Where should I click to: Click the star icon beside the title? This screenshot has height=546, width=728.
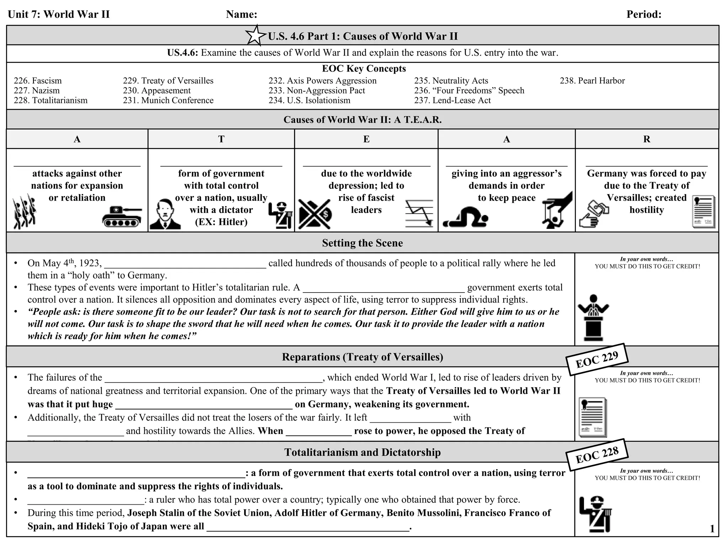pos(256,36)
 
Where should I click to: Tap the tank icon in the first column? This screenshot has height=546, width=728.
pos(122,216)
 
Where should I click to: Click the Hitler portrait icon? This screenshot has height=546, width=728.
pos(165,214)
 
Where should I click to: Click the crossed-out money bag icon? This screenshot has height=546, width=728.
pos(315,214)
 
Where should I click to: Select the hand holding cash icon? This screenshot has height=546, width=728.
pos(593,214)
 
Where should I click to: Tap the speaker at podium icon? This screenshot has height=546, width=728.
pos(593,317)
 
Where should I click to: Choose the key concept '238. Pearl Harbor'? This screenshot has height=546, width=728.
pos(592,81)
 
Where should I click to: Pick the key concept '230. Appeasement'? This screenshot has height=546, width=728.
pos(157,91)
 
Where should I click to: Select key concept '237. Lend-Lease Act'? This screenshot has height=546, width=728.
pos(452,101)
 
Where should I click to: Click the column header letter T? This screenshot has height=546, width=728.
pos(221,139)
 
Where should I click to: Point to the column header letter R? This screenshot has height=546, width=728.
pos(647,139)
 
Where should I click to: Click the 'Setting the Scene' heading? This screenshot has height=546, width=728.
pos(362,243)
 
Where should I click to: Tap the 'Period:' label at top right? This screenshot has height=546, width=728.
pos(644,14)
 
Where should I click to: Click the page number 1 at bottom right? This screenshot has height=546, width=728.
pos(712,529)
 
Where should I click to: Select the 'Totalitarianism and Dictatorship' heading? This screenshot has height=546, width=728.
pos(362,452)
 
